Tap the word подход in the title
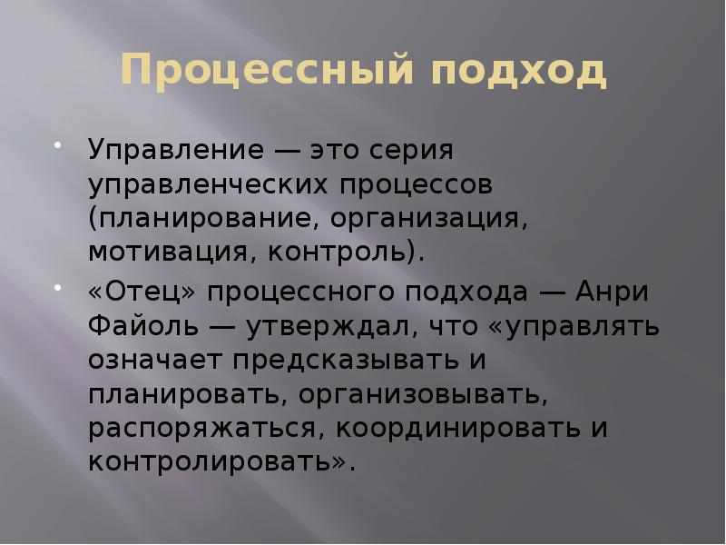pyautogui.click(x=518, y=70)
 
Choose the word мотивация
pyautogui.click(x=169, y=251)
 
